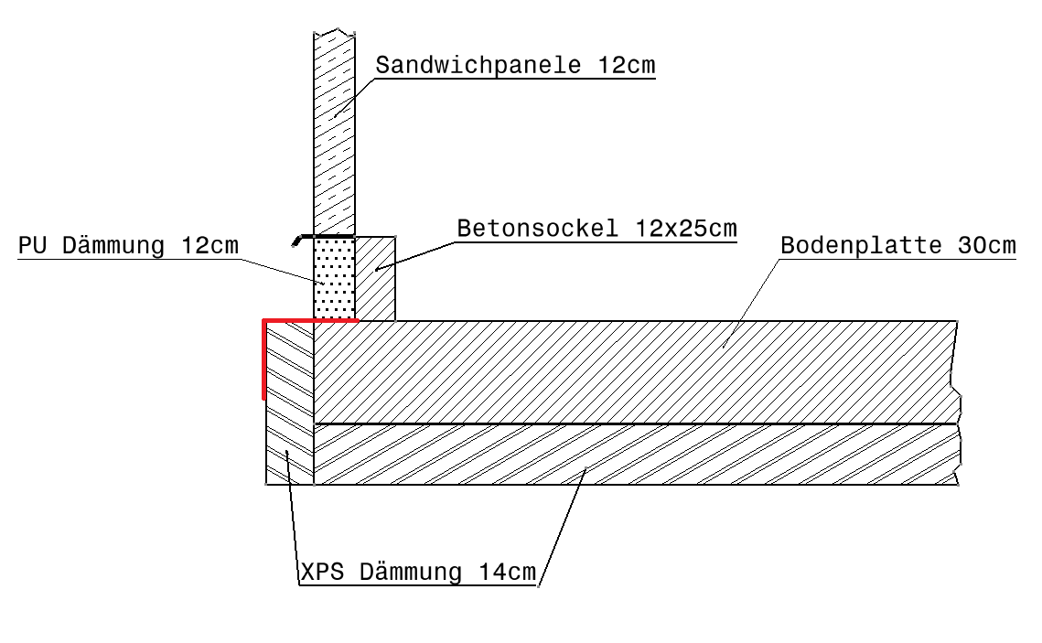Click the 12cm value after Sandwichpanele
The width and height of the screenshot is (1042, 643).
pos(626,66)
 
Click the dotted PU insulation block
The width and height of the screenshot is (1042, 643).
pos(334,279)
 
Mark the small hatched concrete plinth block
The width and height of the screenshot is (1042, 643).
pos(375,279)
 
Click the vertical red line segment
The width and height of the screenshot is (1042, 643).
pos(263,361)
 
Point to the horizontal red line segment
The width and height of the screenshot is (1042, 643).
pos(311,321)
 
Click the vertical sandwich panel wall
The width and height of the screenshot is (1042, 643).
pos(334,137)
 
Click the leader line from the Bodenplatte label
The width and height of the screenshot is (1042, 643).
pos(750,302)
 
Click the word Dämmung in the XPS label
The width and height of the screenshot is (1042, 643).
pos(411,573)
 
